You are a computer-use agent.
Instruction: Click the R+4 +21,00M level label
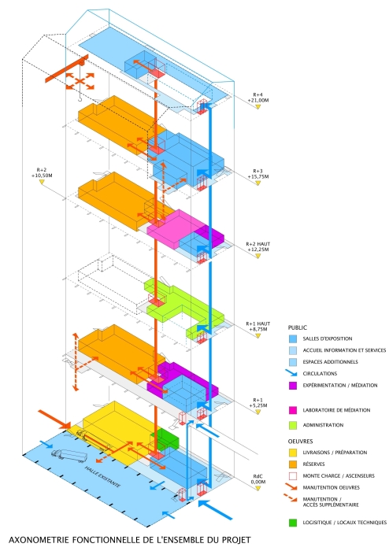258,98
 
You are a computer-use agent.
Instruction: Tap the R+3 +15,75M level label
258,174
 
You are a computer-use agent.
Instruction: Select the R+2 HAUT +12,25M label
258,246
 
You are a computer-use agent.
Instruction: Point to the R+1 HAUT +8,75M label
258,327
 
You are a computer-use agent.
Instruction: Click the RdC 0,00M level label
258,479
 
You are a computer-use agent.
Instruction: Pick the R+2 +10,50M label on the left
42,172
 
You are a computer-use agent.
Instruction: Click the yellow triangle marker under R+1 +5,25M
258,412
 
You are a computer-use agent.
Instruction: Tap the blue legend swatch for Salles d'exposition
293,339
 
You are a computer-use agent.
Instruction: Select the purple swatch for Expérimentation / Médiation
293,386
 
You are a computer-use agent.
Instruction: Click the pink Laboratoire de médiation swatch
293,410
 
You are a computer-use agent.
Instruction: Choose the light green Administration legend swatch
293,425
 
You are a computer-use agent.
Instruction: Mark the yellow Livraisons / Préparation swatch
293,453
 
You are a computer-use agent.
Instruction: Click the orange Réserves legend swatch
293,464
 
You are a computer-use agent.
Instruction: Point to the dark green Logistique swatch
293,523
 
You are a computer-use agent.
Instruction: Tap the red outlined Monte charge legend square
293,475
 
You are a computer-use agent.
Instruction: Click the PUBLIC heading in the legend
298,327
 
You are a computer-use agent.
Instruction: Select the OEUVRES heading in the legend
301,442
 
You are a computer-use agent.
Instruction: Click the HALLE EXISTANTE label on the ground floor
102,476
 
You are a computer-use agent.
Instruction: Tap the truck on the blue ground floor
69,456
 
